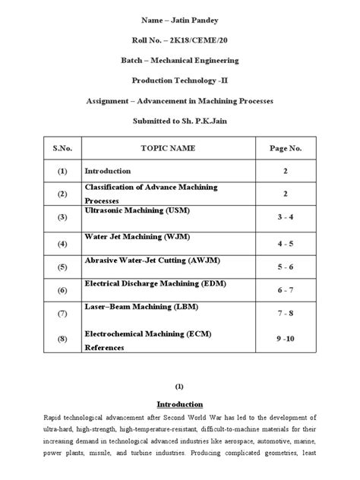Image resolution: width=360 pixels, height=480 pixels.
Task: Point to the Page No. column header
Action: tap(286, 149)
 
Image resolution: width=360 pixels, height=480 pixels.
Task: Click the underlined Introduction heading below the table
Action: tap(179, 404)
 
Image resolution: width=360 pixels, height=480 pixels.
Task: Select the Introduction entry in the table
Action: tap(108, 172)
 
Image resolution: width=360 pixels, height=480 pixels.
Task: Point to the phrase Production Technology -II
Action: tap(179, 79)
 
